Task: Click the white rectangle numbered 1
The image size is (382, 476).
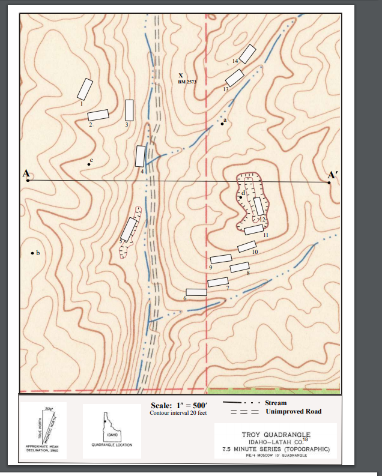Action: (85, 89)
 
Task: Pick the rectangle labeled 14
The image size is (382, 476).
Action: (247, 53)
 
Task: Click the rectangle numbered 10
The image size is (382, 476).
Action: (247, 246)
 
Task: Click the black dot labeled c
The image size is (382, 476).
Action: (88, 164)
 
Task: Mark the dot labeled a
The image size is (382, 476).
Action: (222, 124)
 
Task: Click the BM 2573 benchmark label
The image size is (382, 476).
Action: (187, 82)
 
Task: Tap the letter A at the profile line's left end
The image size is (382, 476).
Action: (26, 173)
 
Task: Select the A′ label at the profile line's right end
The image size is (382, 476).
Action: (333, 175)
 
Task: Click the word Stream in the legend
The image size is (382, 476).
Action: (276, 403)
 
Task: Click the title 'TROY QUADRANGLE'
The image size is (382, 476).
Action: (276, 435)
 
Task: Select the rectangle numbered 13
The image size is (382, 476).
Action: (234, 77)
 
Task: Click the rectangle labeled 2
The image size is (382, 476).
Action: (98, 115)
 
